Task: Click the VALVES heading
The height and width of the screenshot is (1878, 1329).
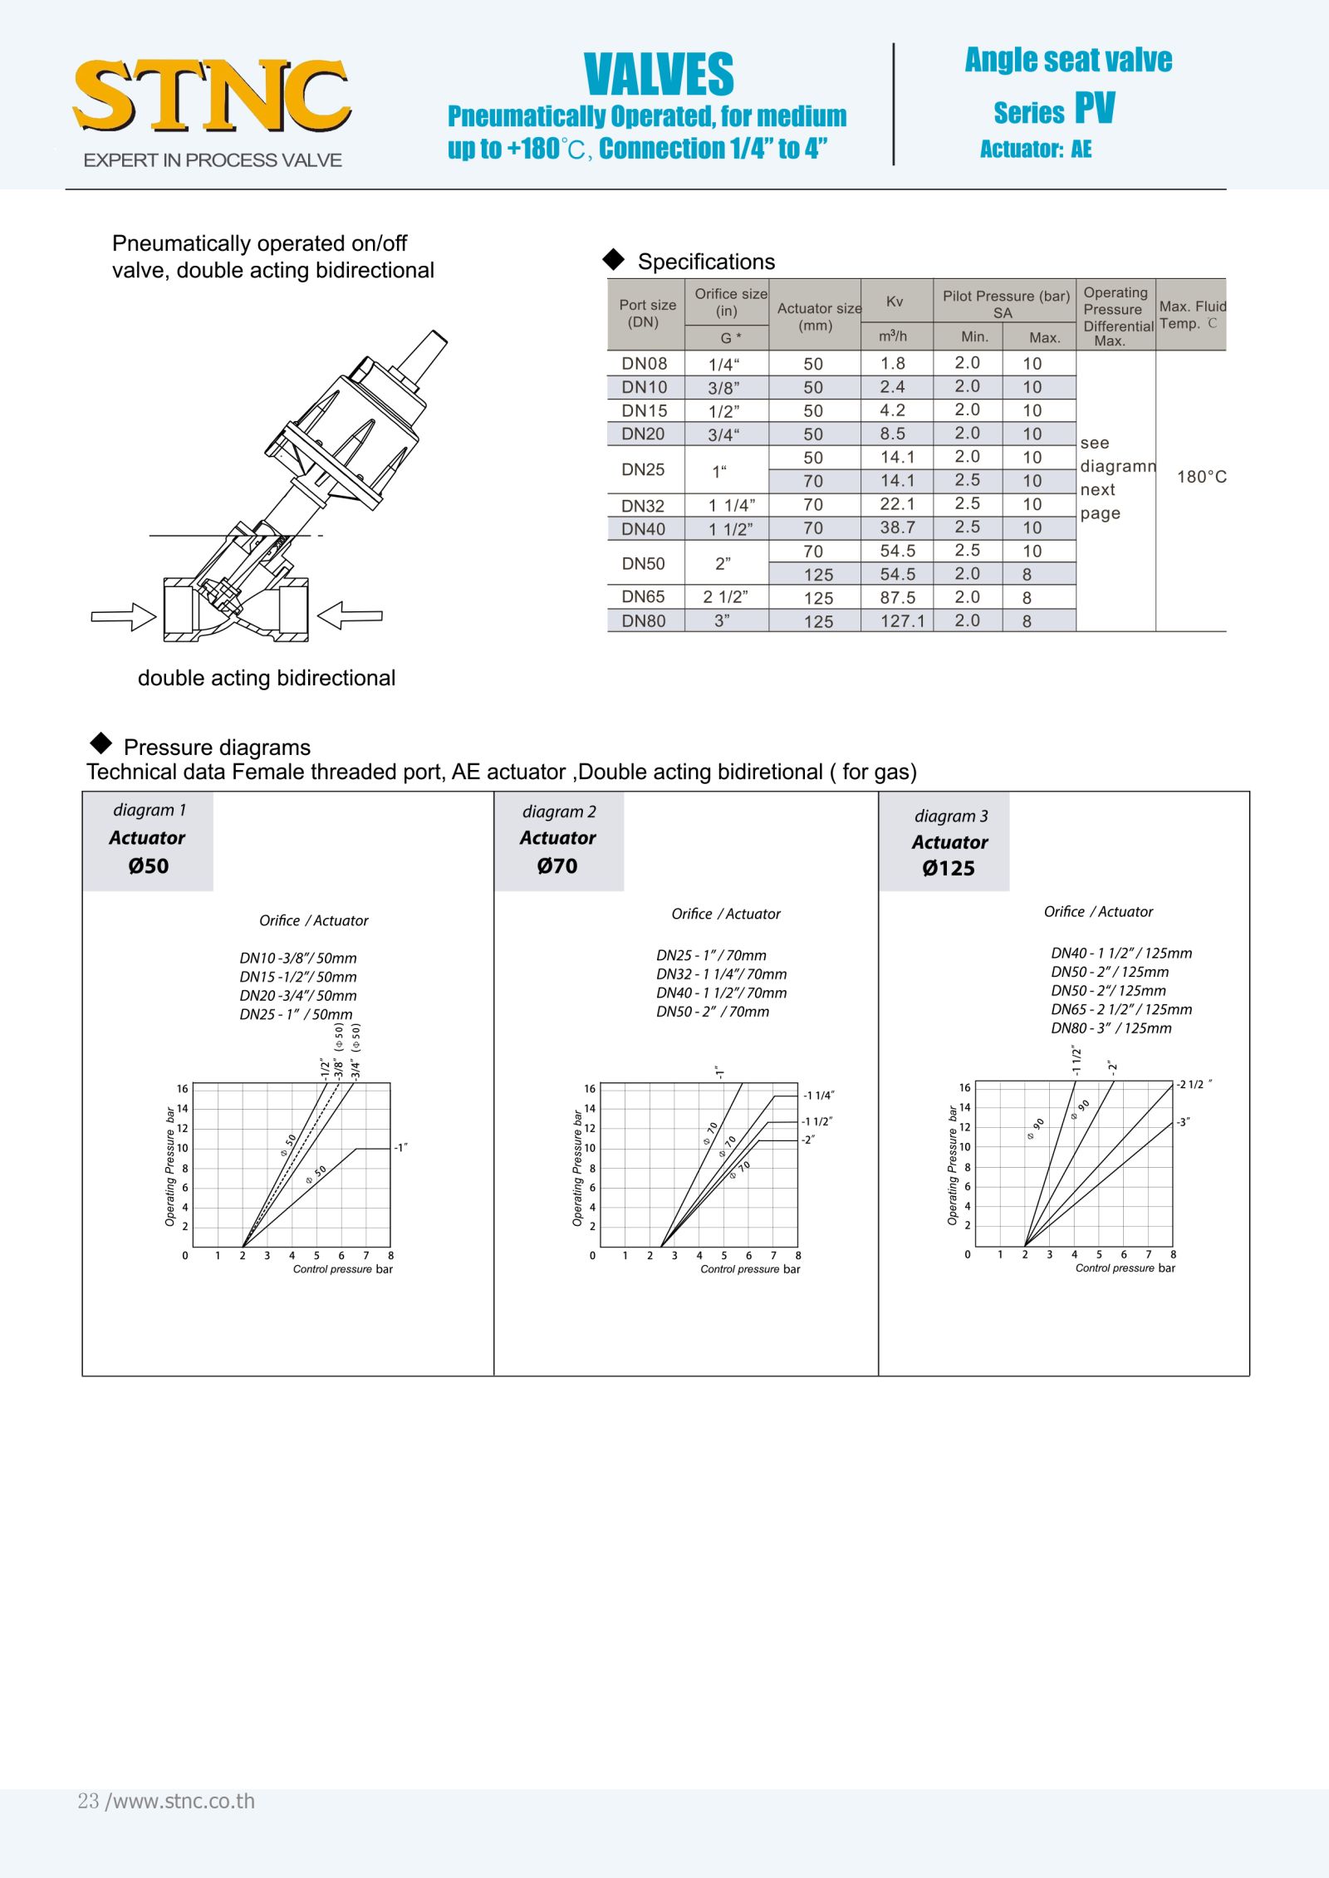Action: (659, 75)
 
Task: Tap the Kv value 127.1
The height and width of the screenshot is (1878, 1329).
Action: (902, 620)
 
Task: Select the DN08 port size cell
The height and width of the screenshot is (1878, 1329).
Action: (644, 363)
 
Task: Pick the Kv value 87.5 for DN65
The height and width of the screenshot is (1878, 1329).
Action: (898, 597)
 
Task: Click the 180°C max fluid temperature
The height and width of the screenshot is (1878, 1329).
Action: (1201, 477)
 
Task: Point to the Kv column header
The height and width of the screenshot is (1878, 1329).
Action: (895, 302)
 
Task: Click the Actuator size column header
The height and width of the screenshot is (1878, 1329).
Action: (818, 316)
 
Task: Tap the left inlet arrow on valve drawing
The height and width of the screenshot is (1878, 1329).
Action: (124, 616)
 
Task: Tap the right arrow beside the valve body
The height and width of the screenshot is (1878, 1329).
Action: (350, 616)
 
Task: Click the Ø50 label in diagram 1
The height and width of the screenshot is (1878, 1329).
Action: (148, 865)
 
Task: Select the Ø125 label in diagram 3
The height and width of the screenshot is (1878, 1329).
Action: (949, 868)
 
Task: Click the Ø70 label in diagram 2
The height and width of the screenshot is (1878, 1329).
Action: (557, 865)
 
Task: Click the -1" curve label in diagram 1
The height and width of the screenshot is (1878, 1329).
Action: (400, 1148)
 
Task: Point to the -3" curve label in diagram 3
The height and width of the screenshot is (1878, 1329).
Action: (1184, 1122)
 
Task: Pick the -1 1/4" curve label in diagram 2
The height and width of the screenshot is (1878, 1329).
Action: (818, 1096)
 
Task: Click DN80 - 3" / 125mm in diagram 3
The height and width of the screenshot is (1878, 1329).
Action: (1111, 1028)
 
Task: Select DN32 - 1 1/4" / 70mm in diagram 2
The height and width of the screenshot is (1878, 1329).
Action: (721, 974)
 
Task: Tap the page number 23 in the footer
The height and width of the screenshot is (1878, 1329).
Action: (88, 1802)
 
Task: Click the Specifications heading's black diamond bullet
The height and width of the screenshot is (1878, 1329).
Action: (614, 260)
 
